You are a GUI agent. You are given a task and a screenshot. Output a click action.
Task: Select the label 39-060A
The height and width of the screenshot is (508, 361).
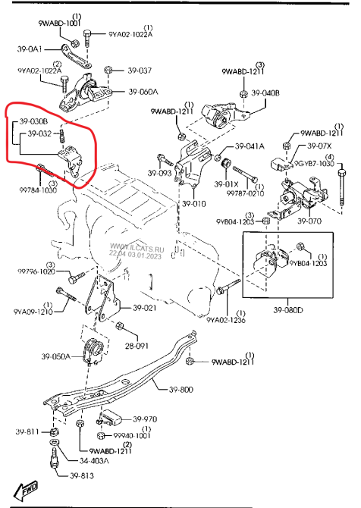tap(142, 92)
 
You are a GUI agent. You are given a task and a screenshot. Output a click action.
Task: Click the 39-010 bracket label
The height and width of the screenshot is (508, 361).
tap(193, 203)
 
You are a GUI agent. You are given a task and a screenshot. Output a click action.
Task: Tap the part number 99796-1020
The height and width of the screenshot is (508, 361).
tap(37, 271)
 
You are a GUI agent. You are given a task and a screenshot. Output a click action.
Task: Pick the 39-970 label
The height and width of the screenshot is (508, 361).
tap(144, 419)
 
